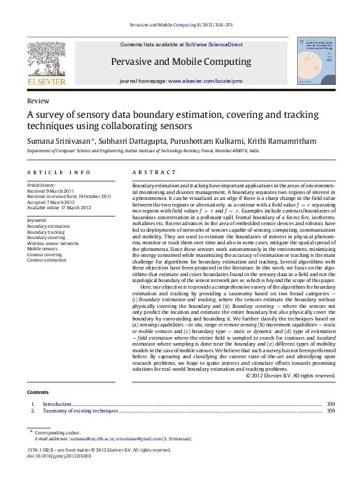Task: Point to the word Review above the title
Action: [x=38, y=101]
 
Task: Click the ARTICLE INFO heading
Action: [x=59, y=172]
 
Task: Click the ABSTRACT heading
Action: [x=154, y=172]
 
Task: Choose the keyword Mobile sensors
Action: [x=44, y=249]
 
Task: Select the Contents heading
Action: [x=38, y=392]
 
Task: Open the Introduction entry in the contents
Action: [x=57, y=404]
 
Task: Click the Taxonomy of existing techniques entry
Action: [x=80, y=411]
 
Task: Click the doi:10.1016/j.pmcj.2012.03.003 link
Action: [x=58, y=456]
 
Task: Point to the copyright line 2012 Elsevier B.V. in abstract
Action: [x=291, y=375]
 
